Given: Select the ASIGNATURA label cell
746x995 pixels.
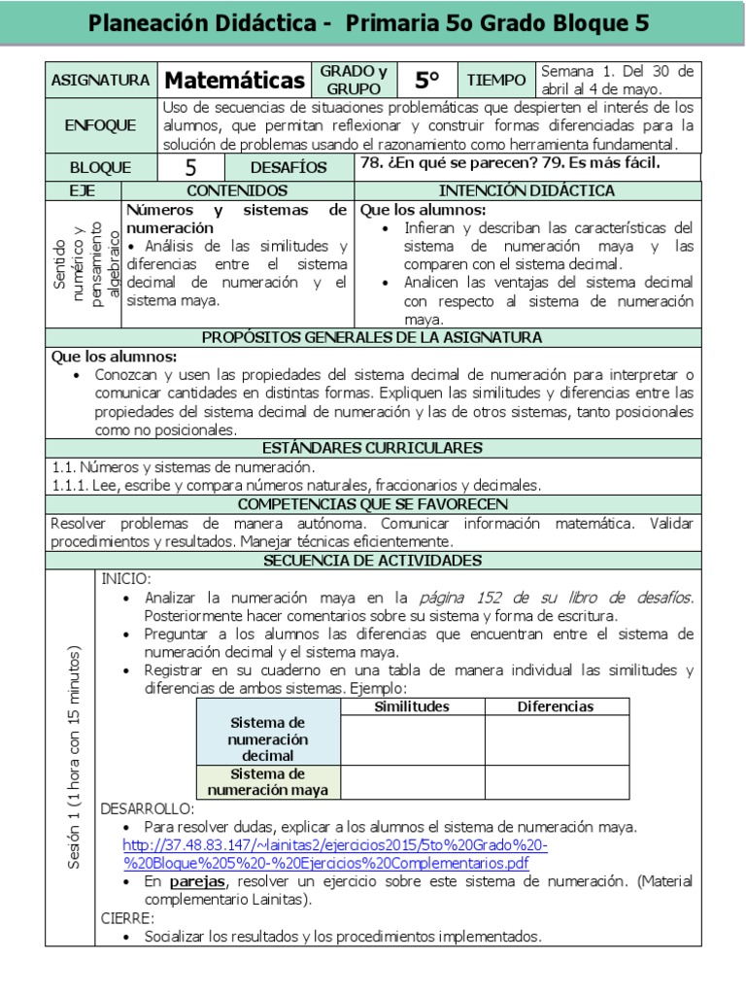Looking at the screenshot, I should [x=100, y=80].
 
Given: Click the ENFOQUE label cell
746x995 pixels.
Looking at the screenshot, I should [x=100, y=125].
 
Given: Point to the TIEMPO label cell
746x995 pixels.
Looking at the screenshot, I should [x=496, y=80].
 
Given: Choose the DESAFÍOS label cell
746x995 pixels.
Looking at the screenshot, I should [x=288, y=167].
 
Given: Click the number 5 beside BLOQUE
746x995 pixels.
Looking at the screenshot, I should [x=190, y=167].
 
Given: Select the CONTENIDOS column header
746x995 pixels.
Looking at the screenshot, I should [x=237, y=190].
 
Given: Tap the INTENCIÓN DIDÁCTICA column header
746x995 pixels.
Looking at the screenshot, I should [x=527, y=190].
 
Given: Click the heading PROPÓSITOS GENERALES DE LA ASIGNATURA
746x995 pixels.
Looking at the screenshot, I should [x=373, y=337].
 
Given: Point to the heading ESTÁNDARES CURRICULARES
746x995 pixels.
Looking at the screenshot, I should [x=373, y=448].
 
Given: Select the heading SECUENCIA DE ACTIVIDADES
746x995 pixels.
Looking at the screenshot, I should [x=373, y=561].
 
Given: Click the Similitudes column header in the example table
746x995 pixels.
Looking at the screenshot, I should [x=412, y=706].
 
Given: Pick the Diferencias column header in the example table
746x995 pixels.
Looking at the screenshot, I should [x=556, y=706].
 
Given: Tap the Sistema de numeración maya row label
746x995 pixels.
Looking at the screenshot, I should [x=268, y=782].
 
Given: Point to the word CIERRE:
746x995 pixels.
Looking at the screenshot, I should [x=128, y=917].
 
